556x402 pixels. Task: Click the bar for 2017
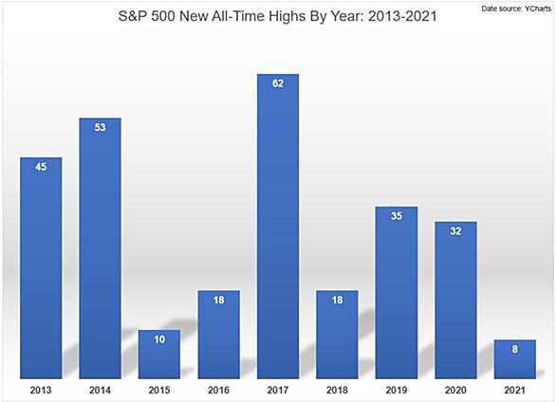pos(278,227)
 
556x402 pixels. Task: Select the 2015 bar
pos(159,355)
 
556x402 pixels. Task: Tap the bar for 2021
pos(515,359)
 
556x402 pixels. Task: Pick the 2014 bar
pos(100,248)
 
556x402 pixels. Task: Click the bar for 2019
pos(397,293)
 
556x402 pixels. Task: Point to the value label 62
pos(278,83)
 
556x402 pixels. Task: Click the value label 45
pos(41,167)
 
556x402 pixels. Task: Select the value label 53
pos(100,127)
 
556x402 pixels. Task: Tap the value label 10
pos(159,339)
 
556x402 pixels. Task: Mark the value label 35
pos(397,216)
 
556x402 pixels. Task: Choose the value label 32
pos(455,231)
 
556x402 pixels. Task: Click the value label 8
pos(515,349)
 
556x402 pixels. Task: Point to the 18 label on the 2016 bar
pos(219,300)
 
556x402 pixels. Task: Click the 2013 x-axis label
pos(41,391)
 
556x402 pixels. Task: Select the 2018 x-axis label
pos(337,391)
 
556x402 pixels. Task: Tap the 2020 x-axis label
pos(455,391)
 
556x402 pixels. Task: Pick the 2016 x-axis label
pos(219,391)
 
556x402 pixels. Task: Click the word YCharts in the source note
pos(538,9)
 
